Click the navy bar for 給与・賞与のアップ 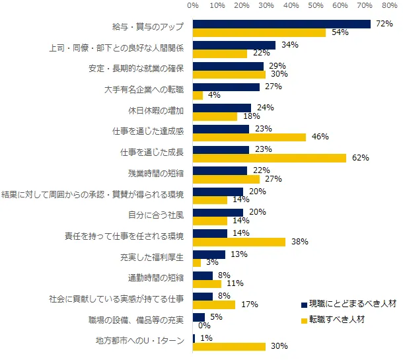click(x=281, y=24)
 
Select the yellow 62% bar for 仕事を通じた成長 click(x=270, y=158)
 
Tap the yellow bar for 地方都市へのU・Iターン click(x=229, y=346)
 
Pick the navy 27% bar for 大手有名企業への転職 click(x=226, y=87)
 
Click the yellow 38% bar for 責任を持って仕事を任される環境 click(x=239, y=242)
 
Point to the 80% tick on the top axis click(x=389, y=6)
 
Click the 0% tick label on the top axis click(x=193, y=6)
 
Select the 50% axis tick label click(x=316, y=6)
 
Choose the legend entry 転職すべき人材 click(x=338, y=320)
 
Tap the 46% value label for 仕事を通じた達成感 click(x=320, y=137)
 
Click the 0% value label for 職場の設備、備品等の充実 click(x=203, y=326)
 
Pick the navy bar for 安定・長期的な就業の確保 click(x=228, y=66)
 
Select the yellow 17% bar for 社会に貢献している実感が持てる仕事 click(x=214, y=305)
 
